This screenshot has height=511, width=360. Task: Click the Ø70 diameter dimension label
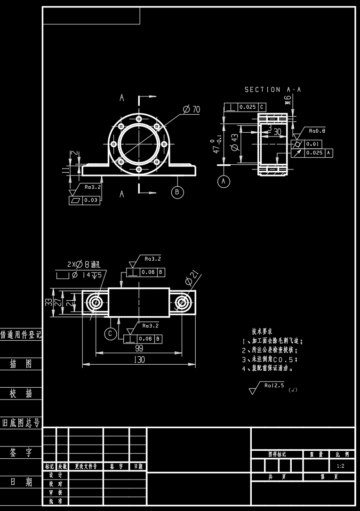(x=192, y=109)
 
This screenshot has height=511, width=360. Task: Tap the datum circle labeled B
(x=177, y=192)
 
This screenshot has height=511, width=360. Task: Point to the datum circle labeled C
(x=110, y=334)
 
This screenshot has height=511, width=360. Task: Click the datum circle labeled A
(x=224, y=181)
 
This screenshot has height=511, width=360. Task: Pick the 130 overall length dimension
(x=139, y=359)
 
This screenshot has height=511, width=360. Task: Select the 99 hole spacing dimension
(x=139, y=348)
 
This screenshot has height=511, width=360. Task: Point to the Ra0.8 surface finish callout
(x=317, y=130)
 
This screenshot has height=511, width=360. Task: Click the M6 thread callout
(x=288, y=100)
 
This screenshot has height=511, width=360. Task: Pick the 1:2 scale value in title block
(x=340, y=466)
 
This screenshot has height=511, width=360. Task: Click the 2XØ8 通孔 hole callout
(x=80, y=264)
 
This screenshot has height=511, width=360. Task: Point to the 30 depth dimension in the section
(x=277, y=132)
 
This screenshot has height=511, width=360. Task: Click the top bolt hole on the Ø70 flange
(x=138, y=119)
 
